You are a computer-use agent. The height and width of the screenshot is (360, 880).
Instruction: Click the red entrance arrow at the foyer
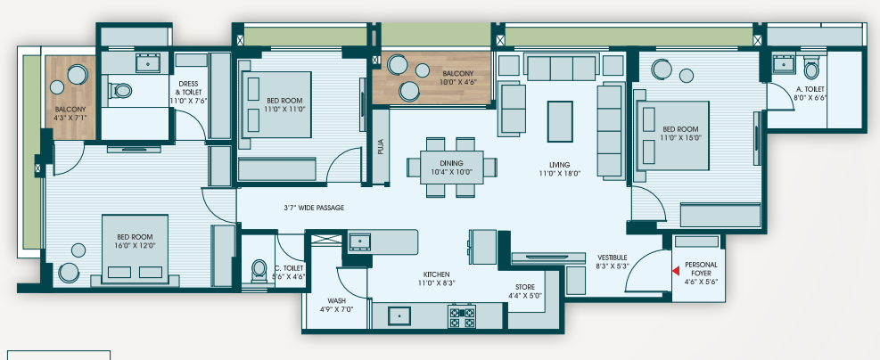676,271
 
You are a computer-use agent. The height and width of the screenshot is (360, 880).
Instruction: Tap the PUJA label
381,147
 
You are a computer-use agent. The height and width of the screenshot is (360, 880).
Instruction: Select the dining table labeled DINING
451,168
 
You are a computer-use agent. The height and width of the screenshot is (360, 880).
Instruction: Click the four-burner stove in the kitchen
461,316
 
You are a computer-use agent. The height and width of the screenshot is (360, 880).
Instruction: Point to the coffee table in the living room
560,121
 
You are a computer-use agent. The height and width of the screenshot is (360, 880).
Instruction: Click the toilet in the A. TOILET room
810,69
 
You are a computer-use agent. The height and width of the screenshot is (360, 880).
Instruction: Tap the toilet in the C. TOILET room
259,270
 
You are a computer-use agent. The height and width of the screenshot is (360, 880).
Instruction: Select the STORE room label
525,287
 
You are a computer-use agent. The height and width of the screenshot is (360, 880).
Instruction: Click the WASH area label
336,300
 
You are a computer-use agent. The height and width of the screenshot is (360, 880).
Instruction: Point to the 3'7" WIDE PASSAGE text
314,208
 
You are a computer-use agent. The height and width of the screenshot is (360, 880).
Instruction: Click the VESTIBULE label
613,258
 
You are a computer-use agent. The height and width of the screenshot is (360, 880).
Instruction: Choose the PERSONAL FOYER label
701,268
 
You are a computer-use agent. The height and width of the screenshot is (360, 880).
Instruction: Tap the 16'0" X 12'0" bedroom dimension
135,245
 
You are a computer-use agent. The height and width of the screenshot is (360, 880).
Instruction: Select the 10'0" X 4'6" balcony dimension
457,82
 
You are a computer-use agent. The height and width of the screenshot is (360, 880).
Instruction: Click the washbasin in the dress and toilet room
148,63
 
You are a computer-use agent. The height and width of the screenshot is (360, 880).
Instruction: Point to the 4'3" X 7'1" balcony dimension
70,118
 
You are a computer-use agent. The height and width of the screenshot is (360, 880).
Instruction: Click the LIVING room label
560,165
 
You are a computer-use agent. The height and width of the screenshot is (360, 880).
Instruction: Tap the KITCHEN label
436,274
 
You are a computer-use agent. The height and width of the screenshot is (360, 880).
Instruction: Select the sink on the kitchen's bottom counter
400,316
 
